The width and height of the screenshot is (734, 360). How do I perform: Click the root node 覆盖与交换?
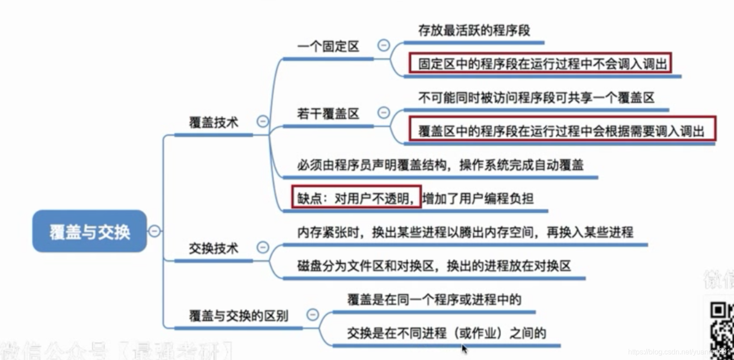[89, 231]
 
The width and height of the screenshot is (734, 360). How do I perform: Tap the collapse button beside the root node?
[154, 231]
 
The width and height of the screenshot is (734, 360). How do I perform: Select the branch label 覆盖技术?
[214, 123]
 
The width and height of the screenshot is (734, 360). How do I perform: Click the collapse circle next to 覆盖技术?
[263, 121]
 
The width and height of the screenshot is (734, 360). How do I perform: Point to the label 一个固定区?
[328, 47]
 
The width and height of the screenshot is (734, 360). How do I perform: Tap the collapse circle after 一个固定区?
[384, 45]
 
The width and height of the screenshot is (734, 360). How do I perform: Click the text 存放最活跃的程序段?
[474, 30]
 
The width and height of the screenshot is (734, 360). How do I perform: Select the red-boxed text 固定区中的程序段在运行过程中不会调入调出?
[542, 64]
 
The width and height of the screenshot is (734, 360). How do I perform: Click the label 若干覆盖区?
[328, 114]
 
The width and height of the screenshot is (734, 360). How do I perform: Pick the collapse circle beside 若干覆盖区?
[384, 112]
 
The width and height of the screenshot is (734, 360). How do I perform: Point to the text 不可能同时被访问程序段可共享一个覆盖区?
[536, 97]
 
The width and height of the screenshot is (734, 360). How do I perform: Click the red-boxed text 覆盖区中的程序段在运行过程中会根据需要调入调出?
[561, 131]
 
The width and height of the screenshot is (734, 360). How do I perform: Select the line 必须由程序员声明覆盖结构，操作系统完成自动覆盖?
[440, 165]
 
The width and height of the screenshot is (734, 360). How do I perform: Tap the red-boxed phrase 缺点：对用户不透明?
[357, 198]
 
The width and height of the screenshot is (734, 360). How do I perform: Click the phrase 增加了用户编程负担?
[478, 198]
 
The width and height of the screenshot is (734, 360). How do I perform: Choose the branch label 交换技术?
[214, 248]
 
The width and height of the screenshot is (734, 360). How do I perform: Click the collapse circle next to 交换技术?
[263, 247]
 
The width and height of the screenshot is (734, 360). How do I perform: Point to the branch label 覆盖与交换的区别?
[238, 316]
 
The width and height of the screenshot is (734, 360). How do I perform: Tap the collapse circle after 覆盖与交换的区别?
[312, 314]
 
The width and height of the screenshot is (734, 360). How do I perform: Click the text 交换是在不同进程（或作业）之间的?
[447, 333]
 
